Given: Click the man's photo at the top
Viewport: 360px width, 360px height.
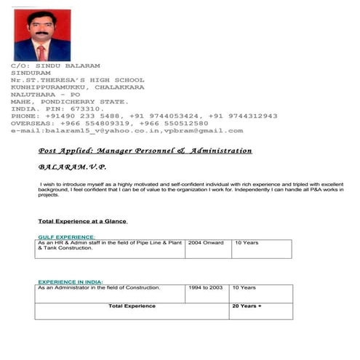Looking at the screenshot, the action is click(x=42, y=35).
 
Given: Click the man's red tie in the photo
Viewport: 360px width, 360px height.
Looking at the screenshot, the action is click(x=41, y=52).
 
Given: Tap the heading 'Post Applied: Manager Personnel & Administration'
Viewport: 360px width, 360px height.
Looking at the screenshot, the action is click(x=145, y=151).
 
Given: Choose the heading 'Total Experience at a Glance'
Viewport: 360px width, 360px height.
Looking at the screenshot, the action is click(x=82, y=221).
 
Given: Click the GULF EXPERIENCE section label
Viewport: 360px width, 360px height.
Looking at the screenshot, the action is click(x=66, y=237).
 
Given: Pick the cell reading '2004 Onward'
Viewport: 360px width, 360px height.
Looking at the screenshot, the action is click(x=206, y=243).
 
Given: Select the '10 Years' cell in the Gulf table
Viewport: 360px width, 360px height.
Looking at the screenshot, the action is click(x=244, y=243).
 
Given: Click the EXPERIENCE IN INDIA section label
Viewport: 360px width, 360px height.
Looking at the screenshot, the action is click(x=71, y=281).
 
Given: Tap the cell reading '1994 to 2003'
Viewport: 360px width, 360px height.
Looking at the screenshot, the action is click(x=206, y=288).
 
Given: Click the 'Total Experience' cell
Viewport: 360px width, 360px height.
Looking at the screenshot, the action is click(x=132, y=306).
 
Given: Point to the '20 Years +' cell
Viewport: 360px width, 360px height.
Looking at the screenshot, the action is click(x=247, y=306).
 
